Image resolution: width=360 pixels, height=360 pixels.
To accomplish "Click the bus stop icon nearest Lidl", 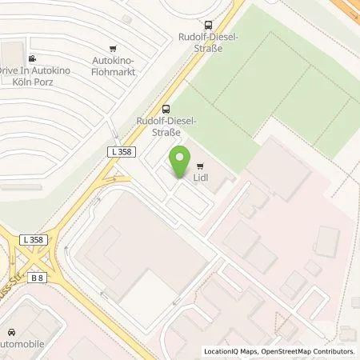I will click(166, 109).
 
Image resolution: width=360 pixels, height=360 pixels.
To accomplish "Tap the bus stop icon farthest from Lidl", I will click(208, 25).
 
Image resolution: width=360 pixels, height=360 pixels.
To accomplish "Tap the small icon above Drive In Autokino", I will click(32, 58).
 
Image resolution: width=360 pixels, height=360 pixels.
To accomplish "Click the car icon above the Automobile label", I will click(11, 332).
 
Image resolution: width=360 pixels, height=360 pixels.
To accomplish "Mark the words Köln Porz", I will click(30, 82).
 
